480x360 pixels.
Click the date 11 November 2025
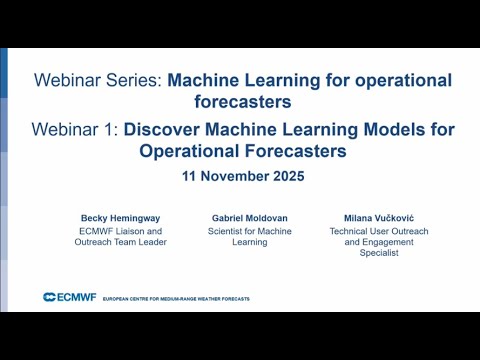243,174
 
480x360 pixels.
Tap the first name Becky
95,217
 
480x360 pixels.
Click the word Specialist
380,253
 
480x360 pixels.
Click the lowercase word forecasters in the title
243,101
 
